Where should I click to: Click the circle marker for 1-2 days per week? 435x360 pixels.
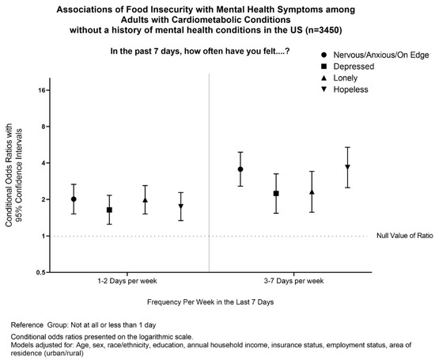pyautogui.click(x=74, y=199)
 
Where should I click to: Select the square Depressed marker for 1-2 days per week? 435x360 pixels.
pyautogui.click(x=109, y=210)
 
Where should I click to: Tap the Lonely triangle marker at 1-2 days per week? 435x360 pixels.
pyautogui.click(x=145, y=200)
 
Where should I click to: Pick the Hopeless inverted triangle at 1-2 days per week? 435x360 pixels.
pyautogui.click(x=181, y=207)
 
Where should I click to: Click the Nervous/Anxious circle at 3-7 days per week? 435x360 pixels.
pyautogui.click(x=240, y=169)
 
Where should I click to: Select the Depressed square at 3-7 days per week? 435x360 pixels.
pyautogui.click(x=276, y=194)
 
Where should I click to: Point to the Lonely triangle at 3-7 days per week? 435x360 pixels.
pyautogui.click(x=312, y=191)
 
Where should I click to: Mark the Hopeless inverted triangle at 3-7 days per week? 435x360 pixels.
pyautogui.click(x=347, y=167)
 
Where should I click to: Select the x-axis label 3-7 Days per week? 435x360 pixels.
pyautogui.click(x=294, y=281)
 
